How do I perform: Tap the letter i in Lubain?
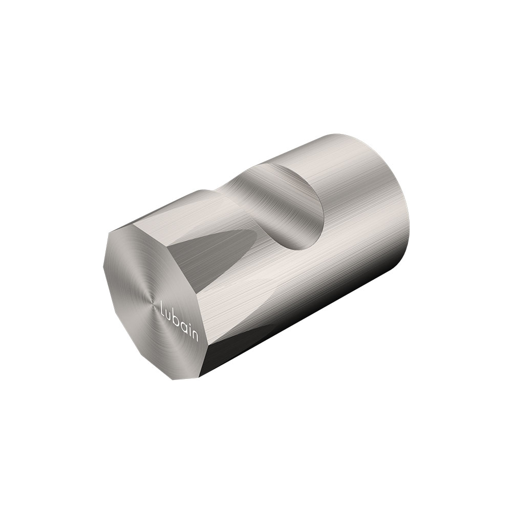click(189, 329)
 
